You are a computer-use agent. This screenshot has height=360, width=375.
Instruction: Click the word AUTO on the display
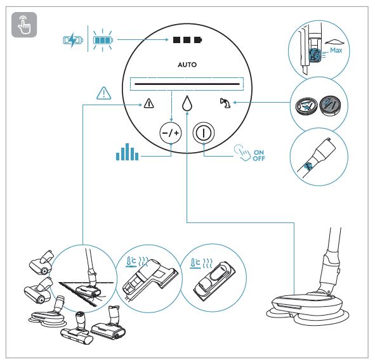click(x=187, y=65)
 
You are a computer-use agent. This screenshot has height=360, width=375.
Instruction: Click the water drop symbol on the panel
click(x=187, y=103)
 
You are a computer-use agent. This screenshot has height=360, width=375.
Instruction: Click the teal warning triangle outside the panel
click(x=102, y=93)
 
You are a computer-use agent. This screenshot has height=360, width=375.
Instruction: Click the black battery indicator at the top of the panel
click(x=187, y=41)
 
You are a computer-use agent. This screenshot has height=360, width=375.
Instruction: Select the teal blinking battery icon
click(x=102, y=41)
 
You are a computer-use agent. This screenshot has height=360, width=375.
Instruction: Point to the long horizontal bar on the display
click(x=187, y=84)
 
